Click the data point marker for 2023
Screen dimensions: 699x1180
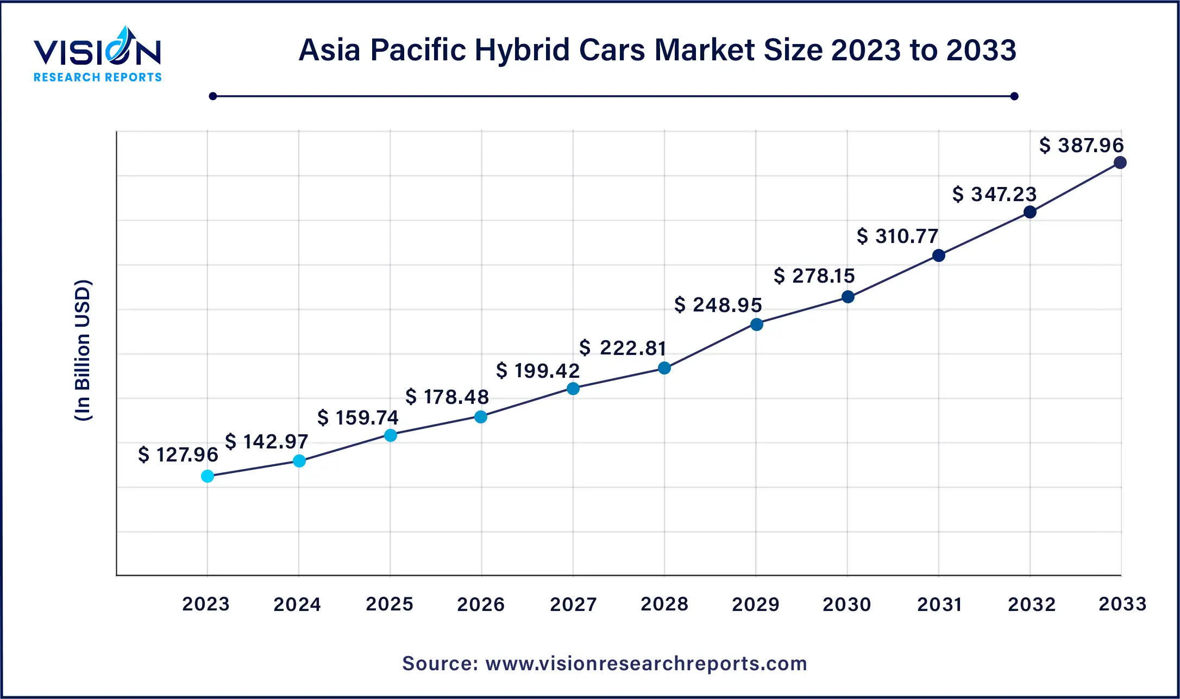(x=208, y=476)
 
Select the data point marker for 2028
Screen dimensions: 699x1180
(x=664, y=368)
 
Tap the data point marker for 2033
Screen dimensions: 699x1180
(x=1120, y=163)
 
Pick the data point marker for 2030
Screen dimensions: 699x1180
(x=848, y=297)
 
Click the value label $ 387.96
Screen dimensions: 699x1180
(x=1081, y=145)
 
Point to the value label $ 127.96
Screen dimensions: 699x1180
(x=178, y=454)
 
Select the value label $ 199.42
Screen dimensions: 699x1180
(x=538, y=371)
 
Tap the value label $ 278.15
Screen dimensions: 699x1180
(x=814, y=276)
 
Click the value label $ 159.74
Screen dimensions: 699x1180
(x=357, y=417)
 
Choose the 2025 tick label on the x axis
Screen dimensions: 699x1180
(x=389, y=604)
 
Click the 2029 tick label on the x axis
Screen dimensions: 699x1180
(x=755, y=604)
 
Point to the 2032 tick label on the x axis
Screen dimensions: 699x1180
(x=1031, y=604)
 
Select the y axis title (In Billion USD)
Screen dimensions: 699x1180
(x=83, y=351)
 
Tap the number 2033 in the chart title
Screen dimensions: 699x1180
(x=981, y=50)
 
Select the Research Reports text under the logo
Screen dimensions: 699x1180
(x=98, y=77)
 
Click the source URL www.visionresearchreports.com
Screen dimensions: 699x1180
(x=646, y=664)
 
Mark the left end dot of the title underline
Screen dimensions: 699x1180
(x=213, y=96)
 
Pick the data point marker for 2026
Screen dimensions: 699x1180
(x=481, y=417)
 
